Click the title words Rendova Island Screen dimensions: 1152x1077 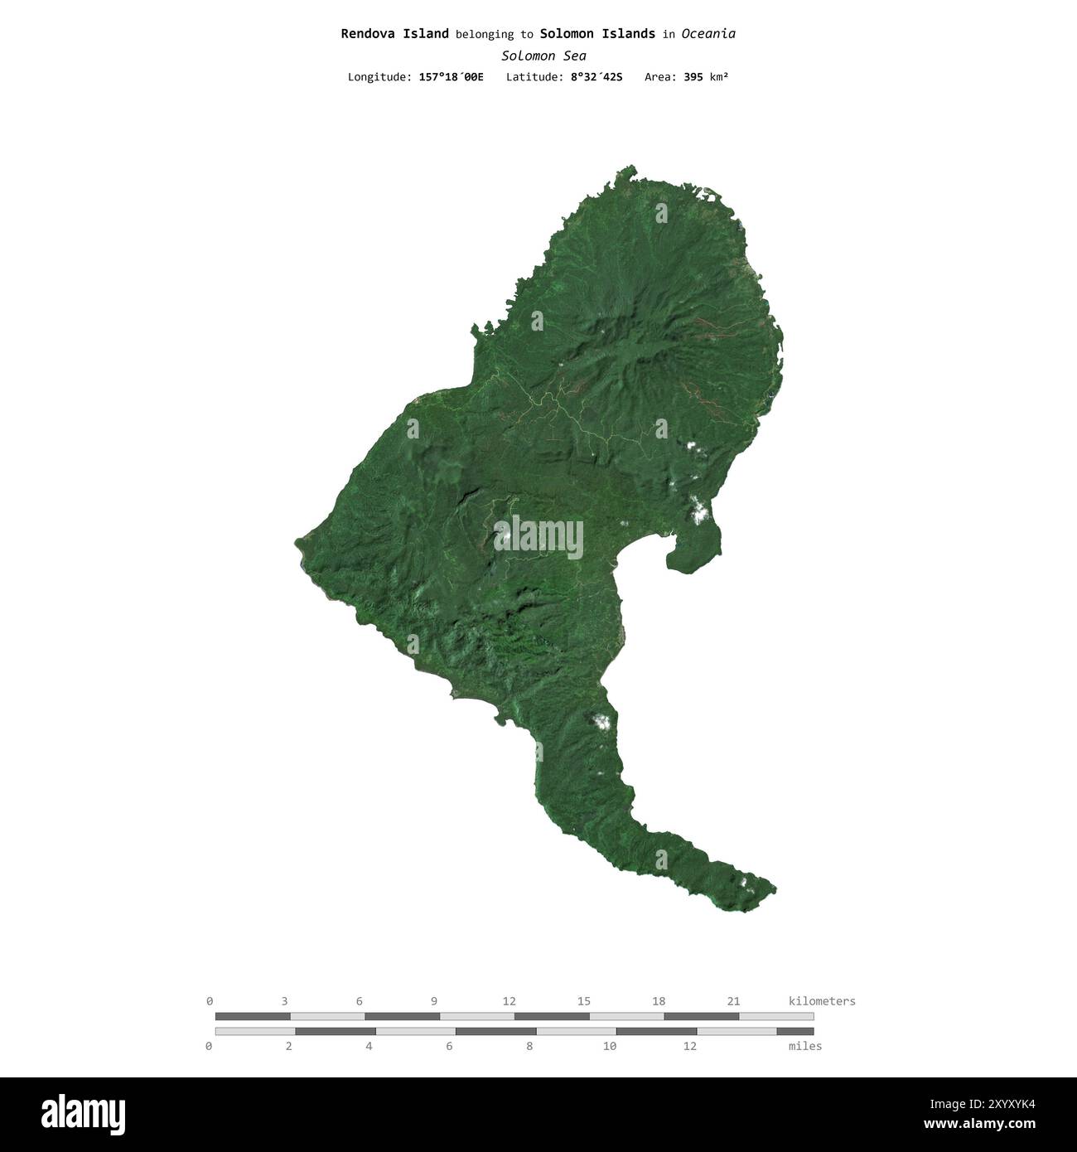click(394, 34)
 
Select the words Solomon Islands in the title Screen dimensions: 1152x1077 click(596, 34)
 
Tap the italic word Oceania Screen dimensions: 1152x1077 click(708, 34)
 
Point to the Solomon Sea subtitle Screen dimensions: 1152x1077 click(543, 56)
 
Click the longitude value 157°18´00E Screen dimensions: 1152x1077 click(451, 77)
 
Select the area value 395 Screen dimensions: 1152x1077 click(693, 77)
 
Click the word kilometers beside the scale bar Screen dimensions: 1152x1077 click(822, 1001)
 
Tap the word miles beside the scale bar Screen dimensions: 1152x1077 click(805, 1046)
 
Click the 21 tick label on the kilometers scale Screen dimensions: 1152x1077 click(733, 1001)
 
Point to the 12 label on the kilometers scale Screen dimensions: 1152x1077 click(509, 1001)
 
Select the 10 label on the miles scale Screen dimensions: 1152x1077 click(610, 1046)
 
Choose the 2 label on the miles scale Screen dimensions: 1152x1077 click(289, 1046)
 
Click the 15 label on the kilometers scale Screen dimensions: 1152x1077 click(584, 1001)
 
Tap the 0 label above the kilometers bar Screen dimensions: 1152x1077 click(210, 1001)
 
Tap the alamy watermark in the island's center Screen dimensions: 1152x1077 click(538, 536)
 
